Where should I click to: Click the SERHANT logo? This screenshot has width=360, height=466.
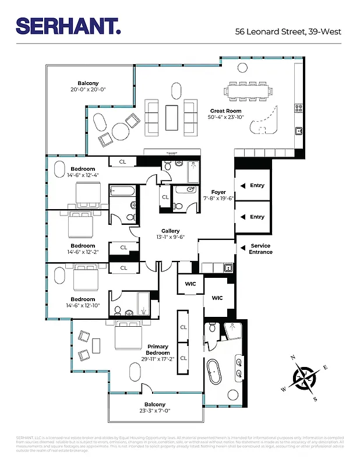tap(68, 26)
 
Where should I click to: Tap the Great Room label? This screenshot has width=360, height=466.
tap(225, 111)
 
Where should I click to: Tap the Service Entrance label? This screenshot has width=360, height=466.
tap(260, 249)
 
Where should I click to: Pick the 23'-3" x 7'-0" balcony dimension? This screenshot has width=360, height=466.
tap(154, 411)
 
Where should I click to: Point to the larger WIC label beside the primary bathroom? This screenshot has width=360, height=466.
tap(217, 298)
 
